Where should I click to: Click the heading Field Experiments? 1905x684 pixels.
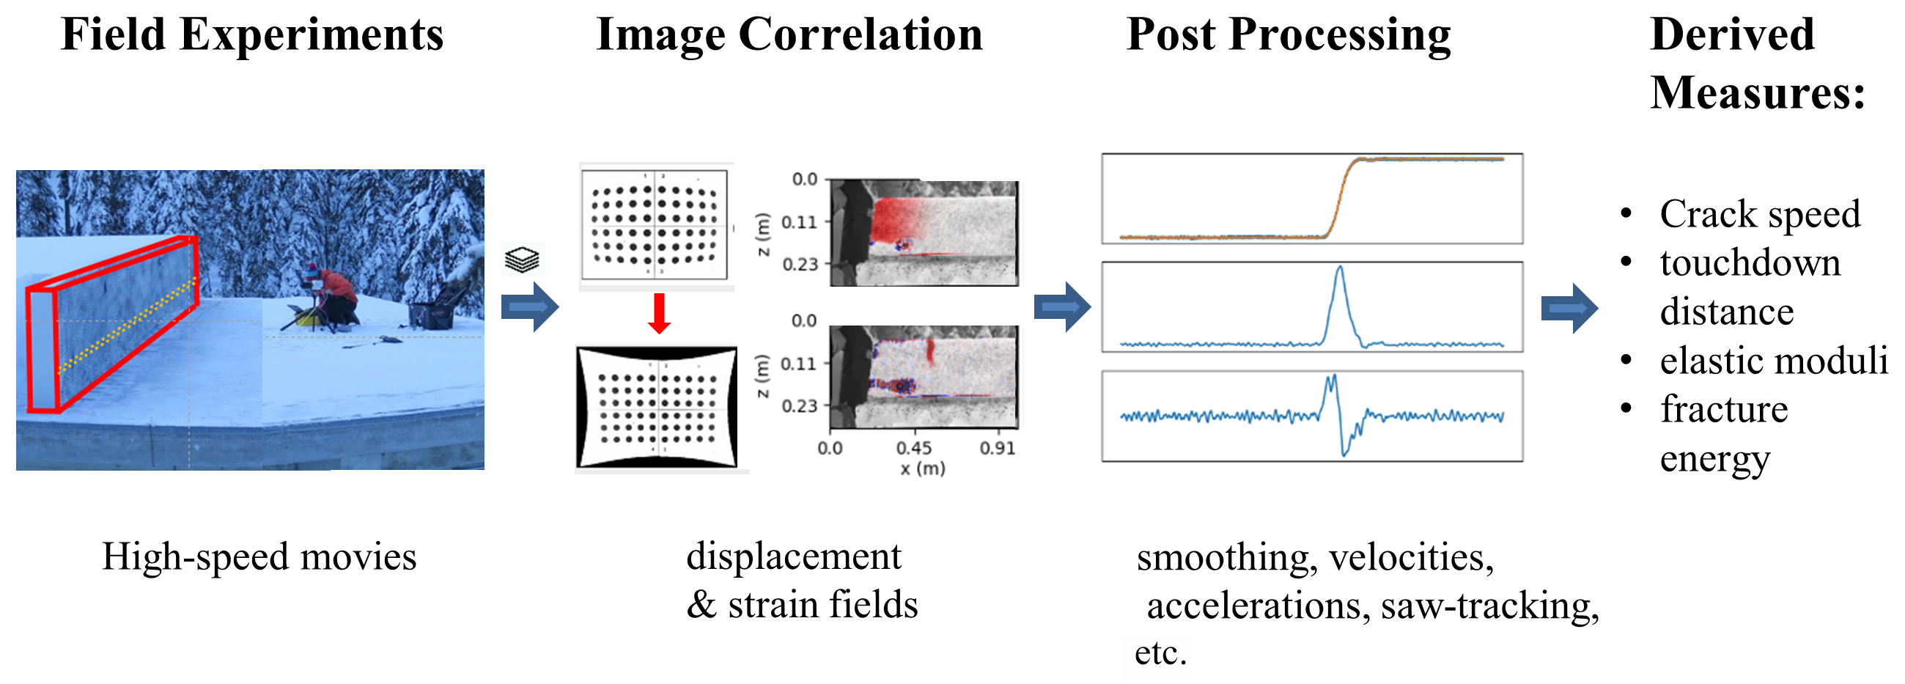(x=252, y=34)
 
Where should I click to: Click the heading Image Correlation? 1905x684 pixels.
(x=789, y=34)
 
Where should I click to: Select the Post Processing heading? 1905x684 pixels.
(x=1289, y=34)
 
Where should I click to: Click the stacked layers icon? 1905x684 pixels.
(x=522, y=260)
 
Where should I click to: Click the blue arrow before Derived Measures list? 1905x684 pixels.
(x=1569, y=308)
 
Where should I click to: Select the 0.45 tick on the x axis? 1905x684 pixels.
(x=914, y=447)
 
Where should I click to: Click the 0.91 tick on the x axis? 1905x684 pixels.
(x=998, y=447)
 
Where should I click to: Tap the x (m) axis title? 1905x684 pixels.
(x=922, y=468)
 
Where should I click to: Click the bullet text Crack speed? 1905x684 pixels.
(x=1760, y=215)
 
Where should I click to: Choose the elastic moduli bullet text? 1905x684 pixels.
(x=1773, y=361)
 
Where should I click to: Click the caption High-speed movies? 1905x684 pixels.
(x=259, y=556)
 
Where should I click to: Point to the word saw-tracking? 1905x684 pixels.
(x=1489, y=606)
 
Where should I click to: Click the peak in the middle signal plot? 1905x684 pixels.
(x=1340, y=268)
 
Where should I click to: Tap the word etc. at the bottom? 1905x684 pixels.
(x=1160, y=652)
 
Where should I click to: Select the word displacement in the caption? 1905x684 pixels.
(x=794, y=556)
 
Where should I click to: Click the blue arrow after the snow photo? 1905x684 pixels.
(x=529, y=306)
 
